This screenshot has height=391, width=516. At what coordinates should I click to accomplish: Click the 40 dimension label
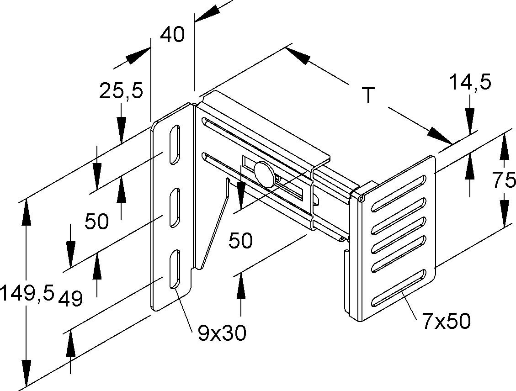(x=172, y=35)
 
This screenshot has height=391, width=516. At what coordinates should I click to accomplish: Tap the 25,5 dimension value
(x=121, y=91)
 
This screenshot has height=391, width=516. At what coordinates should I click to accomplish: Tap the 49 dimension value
(x=70, y=299)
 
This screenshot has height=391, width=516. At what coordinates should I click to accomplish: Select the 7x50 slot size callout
(x=446, y=322)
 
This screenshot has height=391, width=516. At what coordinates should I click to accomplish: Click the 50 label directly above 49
(x=96, y=222)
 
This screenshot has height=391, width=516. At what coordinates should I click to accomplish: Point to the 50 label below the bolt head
(x=240, y=240)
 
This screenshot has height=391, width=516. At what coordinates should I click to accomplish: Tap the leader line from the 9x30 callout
(x=183, y=306)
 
